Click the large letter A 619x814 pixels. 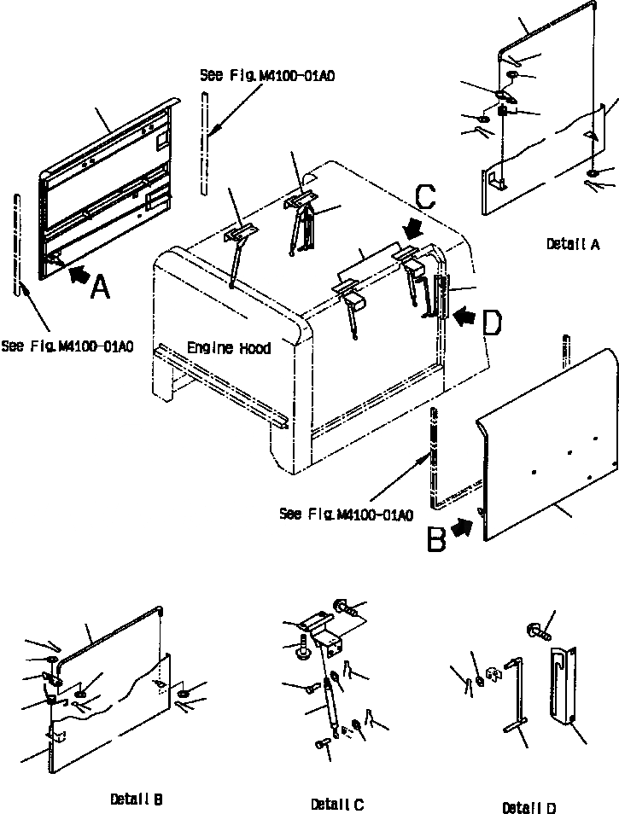pos(99,288)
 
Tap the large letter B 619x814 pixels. pos(436,538)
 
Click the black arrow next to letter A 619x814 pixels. pos(77,274)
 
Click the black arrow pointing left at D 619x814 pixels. pos(466,317)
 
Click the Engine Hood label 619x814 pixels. pos(228,348)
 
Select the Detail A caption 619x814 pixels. pos(573,244)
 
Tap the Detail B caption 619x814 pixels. pos(137,799)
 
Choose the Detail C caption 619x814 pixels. pos(337,804)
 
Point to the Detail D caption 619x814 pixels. pos(531,807)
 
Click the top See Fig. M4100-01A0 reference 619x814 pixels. pos(266,75)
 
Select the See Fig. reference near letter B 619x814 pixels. pos(346,514)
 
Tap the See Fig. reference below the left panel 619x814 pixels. pos(67,346)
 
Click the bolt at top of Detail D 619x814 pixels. pos(531,632)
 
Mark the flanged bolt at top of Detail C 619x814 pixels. pos(344,608)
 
